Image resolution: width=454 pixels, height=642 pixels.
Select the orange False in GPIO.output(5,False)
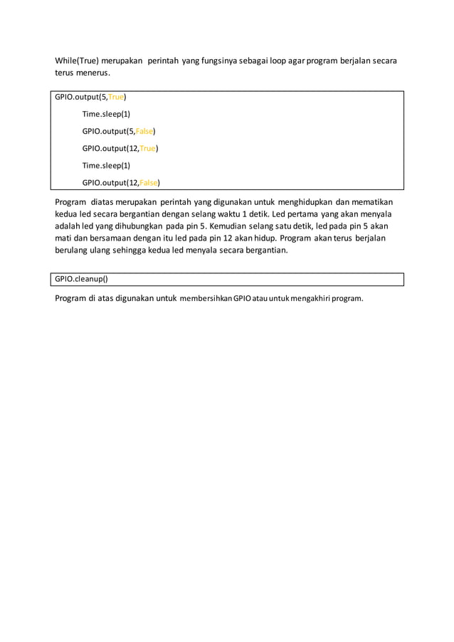(144, 131)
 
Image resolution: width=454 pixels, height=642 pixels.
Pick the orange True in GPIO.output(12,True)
(147, 148)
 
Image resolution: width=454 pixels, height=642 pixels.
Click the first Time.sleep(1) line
(106, 114)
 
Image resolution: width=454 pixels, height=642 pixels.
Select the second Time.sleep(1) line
(106, 165)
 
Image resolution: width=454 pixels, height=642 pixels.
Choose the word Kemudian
(220, 226)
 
